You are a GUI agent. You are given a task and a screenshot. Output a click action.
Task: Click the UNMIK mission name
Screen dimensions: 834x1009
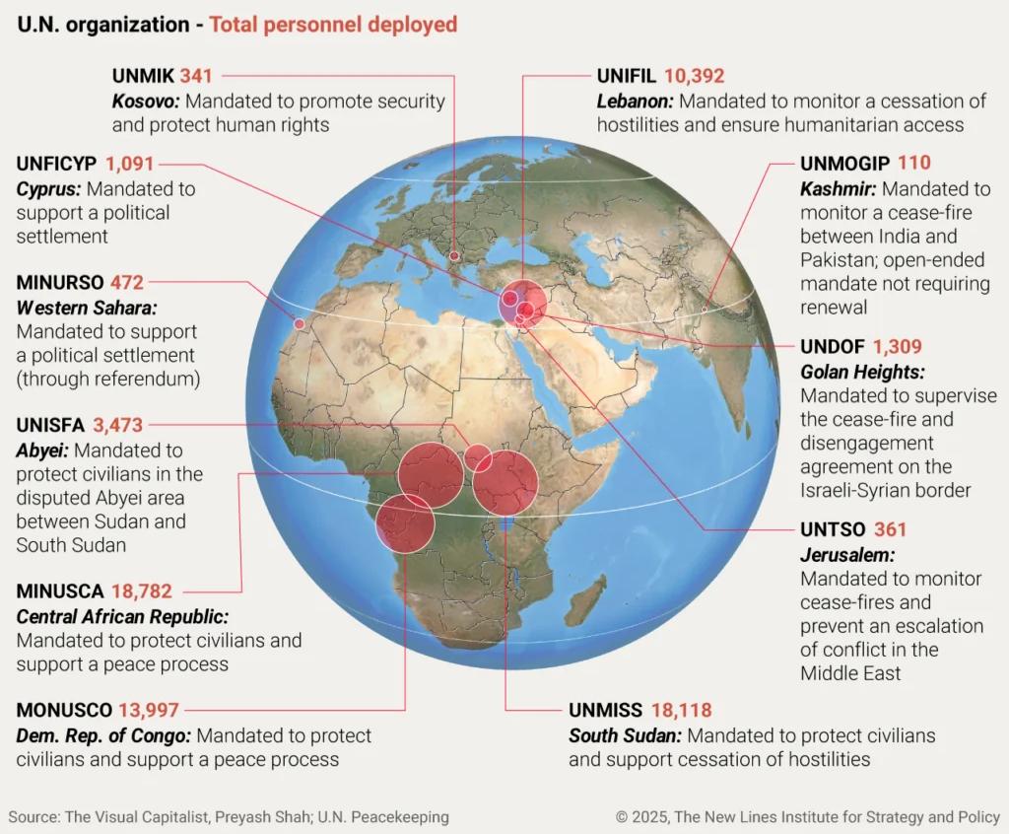(x=143, y=75)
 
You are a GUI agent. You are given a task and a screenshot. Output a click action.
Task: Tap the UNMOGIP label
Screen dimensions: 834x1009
(x=845, y=164)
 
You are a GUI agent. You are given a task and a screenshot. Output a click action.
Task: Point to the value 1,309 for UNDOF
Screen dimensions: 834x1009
(x=897, y=347)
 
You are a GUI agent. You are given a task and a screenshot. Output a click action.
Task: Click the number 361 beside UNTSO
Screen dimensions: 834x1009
(x=890, y=530)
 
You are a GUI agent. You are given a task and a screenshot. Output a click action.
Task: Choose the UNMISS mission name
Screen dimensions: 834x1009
(x=605, y=710)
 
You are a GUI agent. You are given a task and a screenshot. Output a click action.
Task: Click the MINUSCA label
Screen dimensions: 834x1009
(x=60, y=591)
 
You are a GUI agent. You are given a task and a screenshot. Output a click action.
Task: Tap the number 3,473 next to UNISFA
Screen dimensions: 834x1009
(x=118, y=426)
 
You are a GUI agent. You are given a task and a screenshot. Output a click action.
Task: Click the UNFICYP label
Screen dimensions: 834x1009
(x=56, y=164)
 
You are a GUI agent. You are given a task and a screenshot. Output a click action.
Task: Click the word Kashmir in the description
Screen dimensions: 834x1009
(x=838, y=188)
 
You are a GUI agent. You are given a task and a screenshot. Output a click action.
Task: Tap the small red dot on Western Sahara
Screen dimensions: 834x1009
(x=299, y=322)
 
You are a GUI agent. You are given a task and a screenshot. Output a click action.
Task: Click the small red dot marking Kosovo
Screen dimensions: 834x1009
(x=454, y=256)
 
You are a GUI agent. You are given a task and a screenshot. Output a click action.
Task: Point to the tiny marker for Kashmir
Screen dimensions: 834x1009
(x=705, y=310)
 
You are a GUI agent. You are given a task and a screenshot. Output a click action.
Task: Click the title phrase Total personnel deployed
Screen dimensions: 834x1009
(x=333, y=24)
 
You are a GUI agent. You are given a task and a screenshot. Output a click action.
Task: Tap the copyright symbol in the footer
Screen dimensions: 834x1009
(x=622, y=817)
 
